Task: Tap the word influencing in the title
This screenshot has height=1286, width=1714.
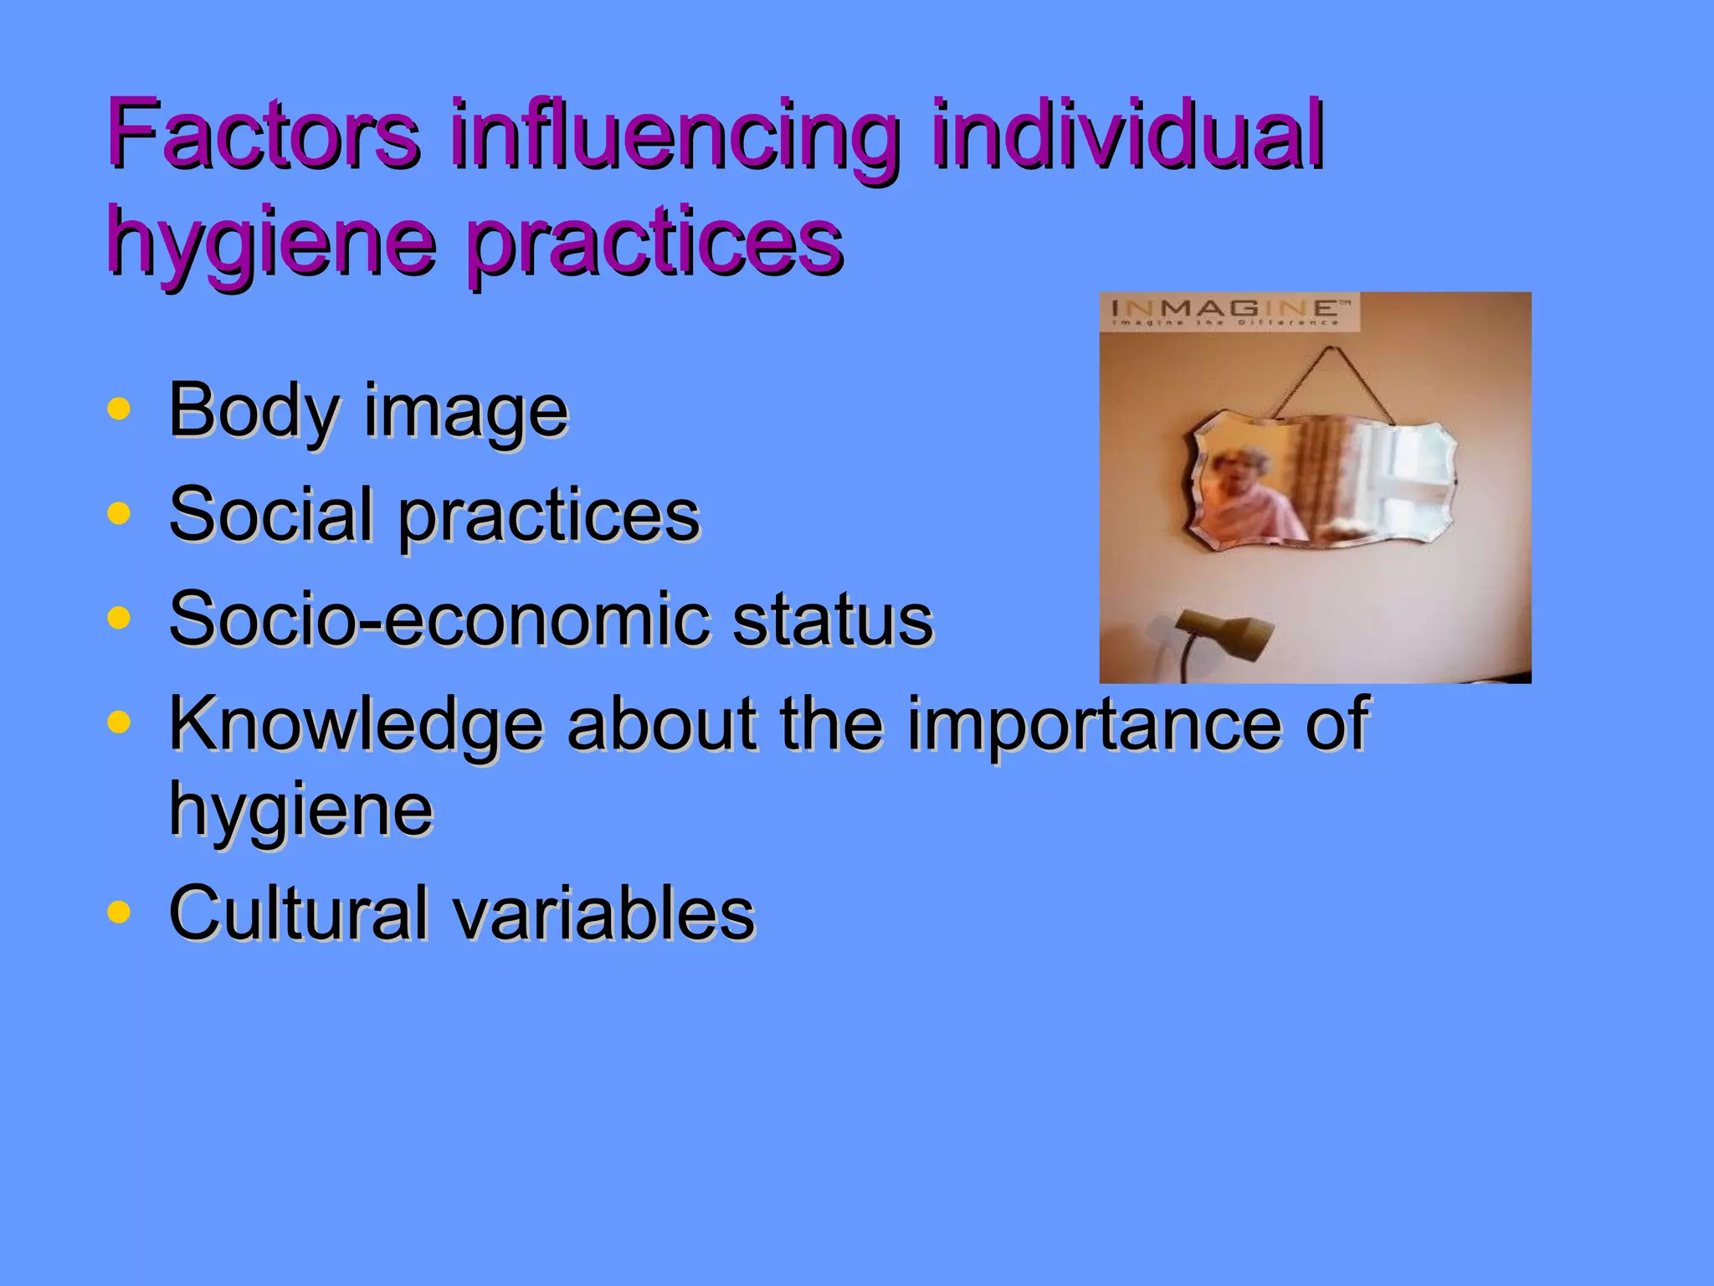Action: pyautogui.click(x=675, y=138)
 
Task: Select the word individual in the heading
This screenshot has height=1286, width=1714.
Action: pyautogui.click(x=1126, y=134)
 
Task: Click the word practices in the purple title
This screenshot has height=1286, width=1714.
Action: pyautogui.click(x=654, y=243)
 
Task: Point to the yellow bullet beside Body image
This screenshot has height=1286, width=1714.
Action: pyautogui.click(x=120, y=409)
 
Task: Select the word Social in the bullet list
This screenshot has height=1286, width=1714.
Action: pyautogui.click(x=270, y=514)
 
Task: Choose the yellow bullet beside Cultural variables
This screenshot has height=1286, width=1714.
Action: pyautogui.click(x=120, y=912)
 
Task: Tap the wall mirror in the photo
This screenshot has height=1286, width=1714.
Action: pyautogui.click(x=1322, y=481)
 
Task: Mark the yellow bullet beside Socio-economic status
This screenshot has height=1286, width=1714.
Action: pyautogui.click(x=120, y=618)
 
